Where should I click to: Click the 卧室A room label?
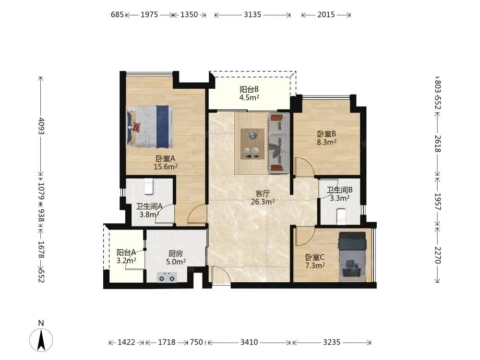pyautogui.click(x=165, y=158)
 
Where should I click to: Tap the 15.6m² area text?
pyautogui.click(x=166, y=167)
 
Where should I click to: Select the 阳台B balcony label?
pyautogui.click(x=249, y=89)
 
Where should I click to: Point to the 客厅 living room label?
pyautogui.click(x=263, y=193)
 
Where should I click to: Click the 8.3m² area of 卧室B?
pyautogui.click(x=326, y=142)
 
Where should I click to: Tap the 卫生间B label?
pyautogui.click(x=339, y=190)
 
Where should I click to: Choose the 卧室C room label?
pyautogui.click(x=315, y=257)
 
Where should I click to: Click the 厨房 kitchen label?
pyautogui.click(x=176, y=253)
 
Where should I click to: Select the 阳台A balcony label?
pyautogui.click(x=126, y=252)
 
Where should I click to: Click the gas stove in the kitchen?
pyautogui.click(x=167, y=277)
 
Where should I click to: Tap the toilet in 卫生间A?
pyautogui.click(x=149, y=186)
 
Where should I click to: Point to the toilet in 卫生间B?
pyautogui.click(x=341, y=216)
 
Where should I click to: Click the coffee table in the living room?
pyautogui.click(x=252, y=144)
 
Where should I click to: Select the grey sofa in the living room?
pyautogui.click(x=279, y=143)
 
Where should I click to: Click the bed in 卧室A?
pyautogui.click(x=150, y=126)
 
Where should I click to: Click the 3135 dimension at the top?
pyautogui.click(x=252, y=14)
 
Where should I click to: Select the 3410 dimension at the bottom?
pyautogui.click(x=249, y=342)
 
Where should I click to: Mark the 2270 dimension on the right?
pyautogui.click(x=437, y=255)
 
